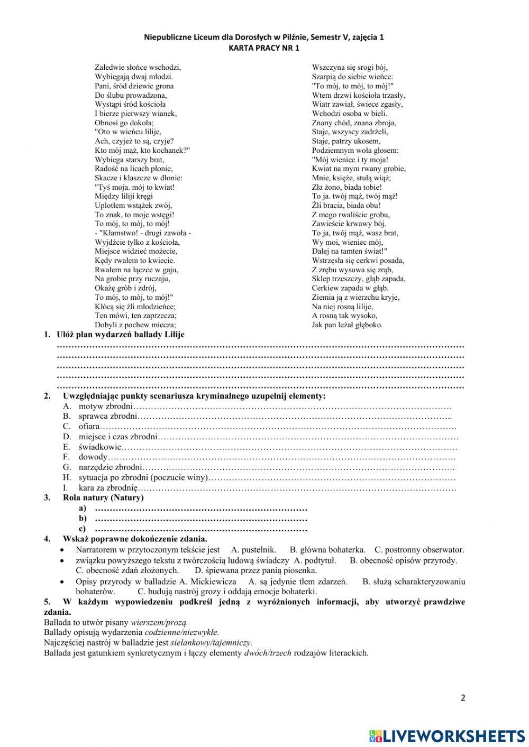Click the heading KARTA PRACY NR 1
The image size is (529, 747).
[x=264, y=48]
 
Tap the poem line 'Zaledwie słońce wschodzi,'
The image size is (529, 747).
[x=138, y=67]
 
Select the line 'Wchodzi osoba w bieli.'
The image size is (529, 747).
[x=349, y=113]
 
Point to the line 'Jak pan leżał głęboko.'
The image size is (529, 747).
[x=347, y=325]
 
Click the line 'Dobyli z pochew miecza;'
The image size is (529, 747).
[x=135, y=325]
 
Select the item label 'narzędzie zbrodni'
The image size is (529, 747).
[x=111, y=467]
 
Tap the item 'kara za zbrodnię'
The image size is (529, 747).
[x=108, y=488]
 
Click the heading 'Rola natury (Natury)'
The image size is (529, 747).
[x=103, y=497]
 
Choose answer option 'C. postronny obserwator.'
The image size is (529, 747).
[x=419, y=550]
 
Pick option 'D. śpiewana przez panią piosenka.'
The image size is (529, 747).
[x=256, y=570]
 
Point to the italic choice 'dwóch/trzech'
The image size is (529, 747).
[x=268, y=653]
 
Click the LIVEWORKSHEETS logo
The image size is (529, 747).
[x=447, y=735]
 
